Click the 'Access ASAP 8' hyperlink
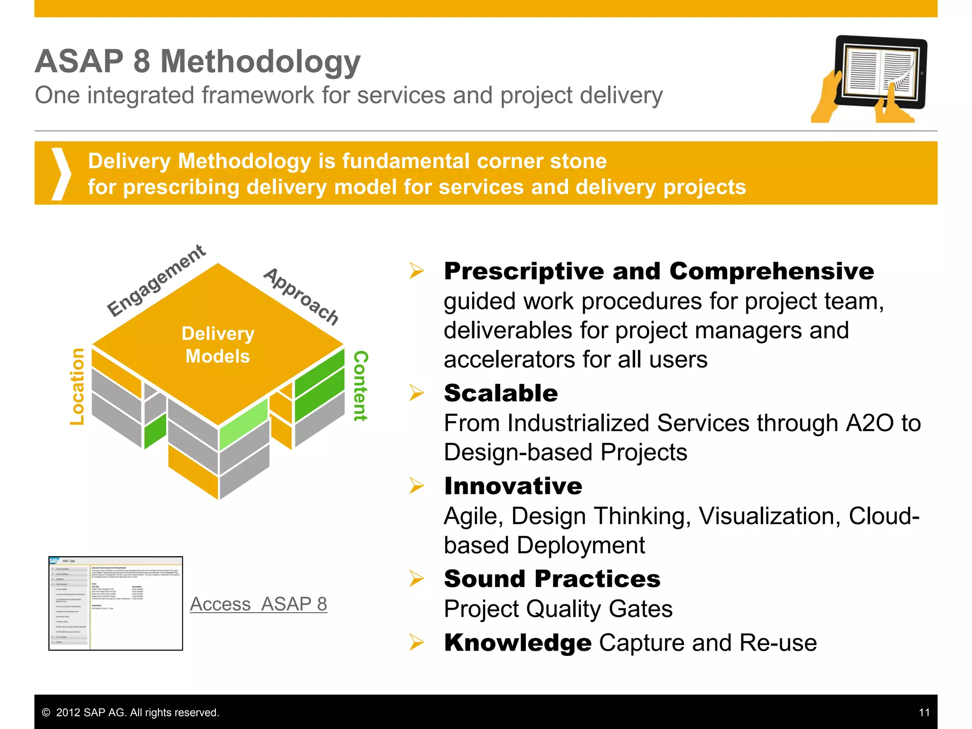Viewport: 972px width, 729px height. [258, 604]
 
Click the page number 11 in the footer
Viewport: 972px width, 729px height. [924, 712]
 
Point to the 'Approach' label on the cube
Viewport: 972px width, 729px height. [301, 296]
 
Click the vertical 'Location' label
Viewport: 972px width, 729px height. [77, 386]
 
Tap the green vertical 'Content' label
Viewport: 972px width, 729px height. [361, 385]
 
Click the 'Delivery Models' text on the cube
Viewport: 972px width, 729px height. [218, 345]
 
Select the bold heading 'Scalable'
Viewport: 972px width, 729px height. [501, 393]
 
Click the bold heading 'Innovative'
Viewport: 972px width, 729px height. [513, 486]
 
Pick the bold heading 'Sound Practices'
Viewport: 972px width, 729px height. [552, 579]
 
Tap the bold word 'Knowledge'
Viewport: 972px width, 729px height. [518, 643]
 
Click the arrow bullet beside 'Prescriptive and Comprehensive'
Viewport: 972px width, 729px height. [417, 271]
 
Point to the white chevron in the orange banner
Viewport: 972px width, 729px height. [61, 173]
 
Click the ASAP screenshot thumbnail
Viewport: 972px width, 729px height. [116, 603]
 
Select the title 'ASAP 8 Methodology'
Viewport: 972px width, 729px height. [197, 61]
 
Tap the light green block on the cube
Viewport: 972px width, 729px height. [243, 423]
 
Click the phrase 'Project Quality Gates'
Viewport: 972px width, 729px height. [558, 609]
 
